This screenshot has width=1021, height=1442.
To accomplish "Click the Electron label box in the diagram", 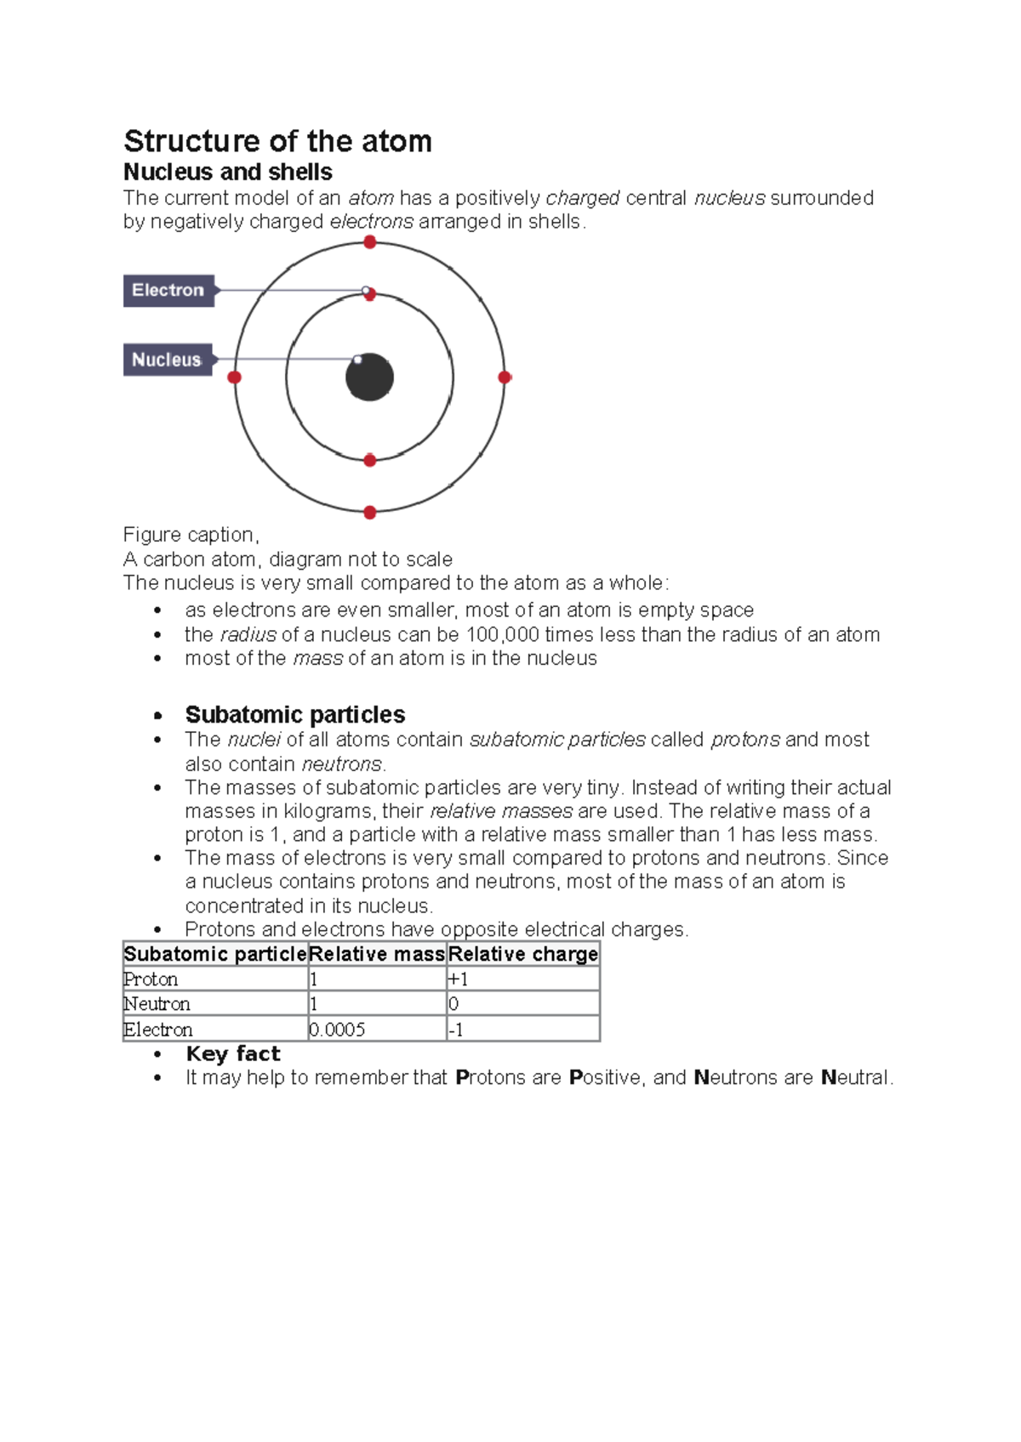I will [x=168, y=291].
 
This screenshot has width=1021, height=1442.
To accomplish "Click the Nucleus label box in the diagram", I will [x=167, y=360].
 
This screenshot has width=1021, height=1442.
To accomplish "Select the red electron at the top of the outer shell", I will [x=370, y=242].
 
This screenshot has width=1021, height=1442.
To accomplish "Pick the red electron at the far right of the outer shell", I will [x=505, y=377].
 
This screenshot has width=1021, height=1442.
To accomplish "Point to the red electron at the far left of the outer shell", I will [x=235, y=377].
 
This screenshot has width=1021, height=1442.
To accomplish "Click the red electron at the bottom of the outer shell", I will [x=370, y=513].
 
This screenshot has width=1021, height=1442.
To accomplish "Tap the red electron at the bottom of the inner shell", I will [x=370, y=460].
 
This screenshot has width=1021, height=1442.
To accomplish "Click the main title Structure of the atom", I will [x=277, y=141].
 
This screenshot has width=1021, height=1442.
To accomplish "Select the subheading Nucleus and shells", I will [x=228, y=172].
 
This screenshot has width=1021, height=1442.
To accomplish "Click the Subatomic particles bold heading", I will [x=295, y=714].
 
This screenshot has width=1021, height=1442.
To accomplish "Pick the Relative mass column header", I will [x=376, y=954].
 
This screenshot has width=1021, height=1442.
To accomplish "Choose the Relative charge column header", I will [x=522, y=954].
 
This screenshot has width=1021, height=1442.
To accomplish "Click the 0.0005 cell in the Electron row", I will [x=338, y=1030].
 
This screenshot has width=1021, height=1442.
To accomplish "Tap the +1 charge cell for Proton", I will [x=459, y=979].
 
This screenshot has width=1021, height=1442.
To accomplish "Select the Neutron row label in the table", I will [x=157, y=1004].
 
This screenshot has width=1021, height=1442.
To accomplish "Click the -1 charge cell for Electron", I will [x=456, y=1030].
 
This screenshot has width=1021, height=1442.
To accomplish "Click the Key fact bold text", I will [x=233, y=1054].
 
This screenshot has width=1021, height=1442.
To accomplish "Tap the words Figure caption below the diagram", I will [x=191, y=535].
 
